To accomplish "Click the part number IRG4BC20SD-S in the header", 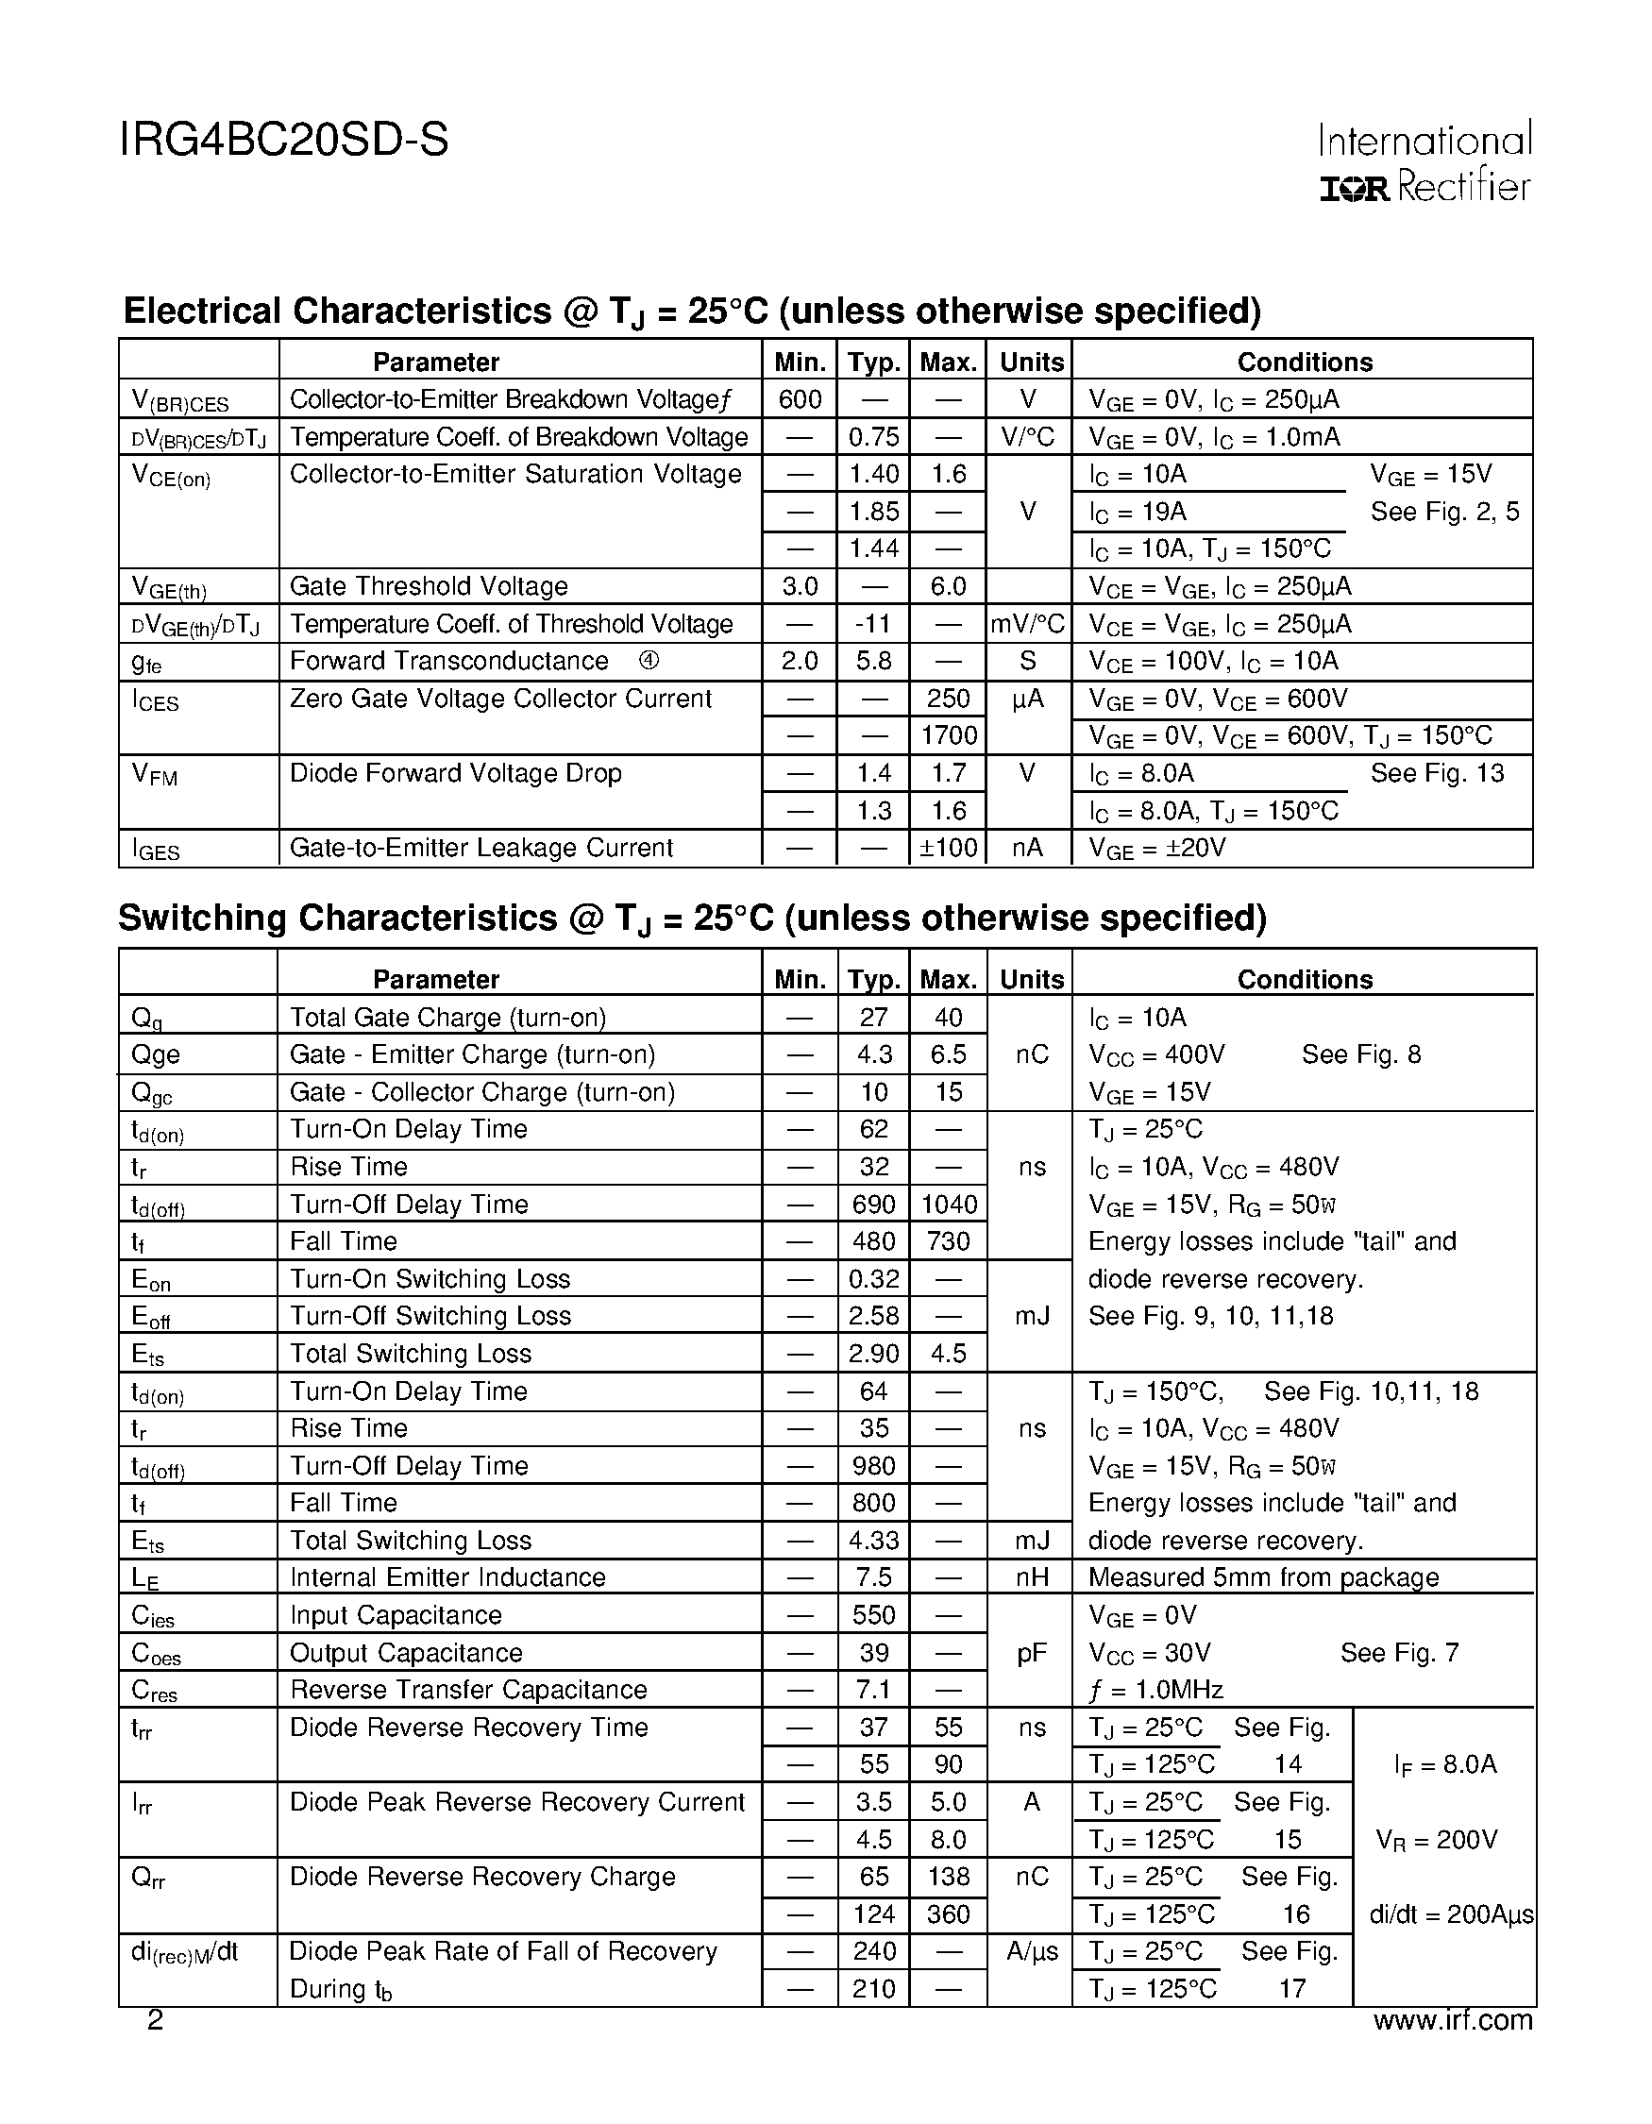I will (284, 141).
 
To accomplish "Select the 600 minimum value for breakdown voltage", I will (800, 398).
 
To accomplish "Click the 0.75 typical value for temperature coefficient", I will (873, 437).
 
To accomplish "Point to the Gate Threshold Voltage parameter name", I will (428, 586).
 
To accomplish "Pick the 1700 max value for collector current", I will (948, 736).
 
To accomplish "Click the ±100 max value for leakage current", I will (948, 848).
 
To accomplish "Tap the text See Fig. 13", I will (1436, 773).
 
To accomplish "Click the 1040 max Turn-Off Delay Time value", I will (948, 1205).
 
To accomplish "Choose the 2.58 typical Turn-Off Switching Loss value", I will (873, 1316).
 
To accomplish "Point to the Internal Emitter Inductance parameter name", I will (447, 1577).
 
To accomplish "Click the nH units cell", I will (1031, 1577).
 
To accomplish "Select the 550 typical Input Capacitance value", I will (873, 1615).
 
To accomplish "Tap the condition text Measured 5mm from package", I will (1263, 1577).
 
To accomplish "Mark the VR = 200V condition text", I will (1436, 1840).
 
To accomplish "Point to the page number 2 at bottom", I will (155, 2021).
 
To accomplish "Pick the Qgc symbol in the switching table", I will (152, 1093).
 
